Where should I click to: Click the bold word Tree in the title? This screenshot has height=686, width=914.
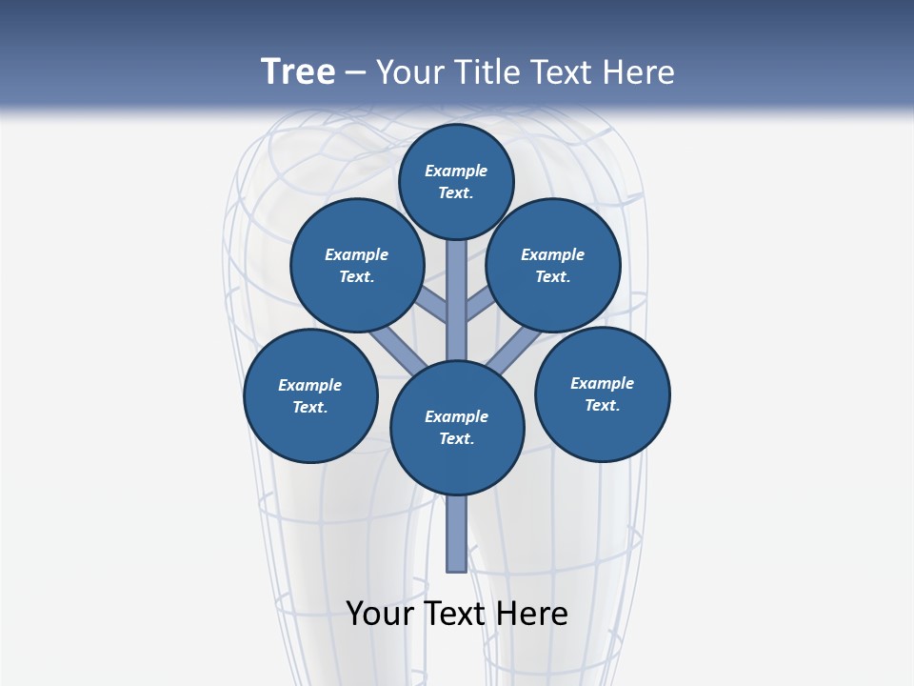(298, 72)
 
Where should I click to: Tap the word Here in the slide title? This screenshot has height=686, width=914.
(640, 72)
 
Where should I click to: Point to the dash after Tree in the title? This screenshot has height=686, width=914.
(355, 73)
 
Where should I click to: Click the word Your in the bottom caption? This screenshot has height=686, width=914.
(381, 614)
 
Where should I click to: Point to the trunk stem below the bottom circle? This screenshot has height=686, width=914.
(457, 534)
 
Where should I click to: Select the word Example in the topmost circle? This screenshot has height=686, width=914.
(456, 171)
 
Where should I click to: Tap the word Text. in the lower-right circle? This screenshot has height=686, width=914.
(603, 405)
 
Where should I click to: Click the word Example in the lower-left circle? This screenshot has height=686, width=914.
(309, 386)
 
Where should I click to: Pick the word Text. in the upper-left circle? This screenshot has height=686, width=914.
(356, 277)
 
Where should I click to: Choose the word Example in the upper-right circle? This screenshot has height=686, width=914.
(552, 255)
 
